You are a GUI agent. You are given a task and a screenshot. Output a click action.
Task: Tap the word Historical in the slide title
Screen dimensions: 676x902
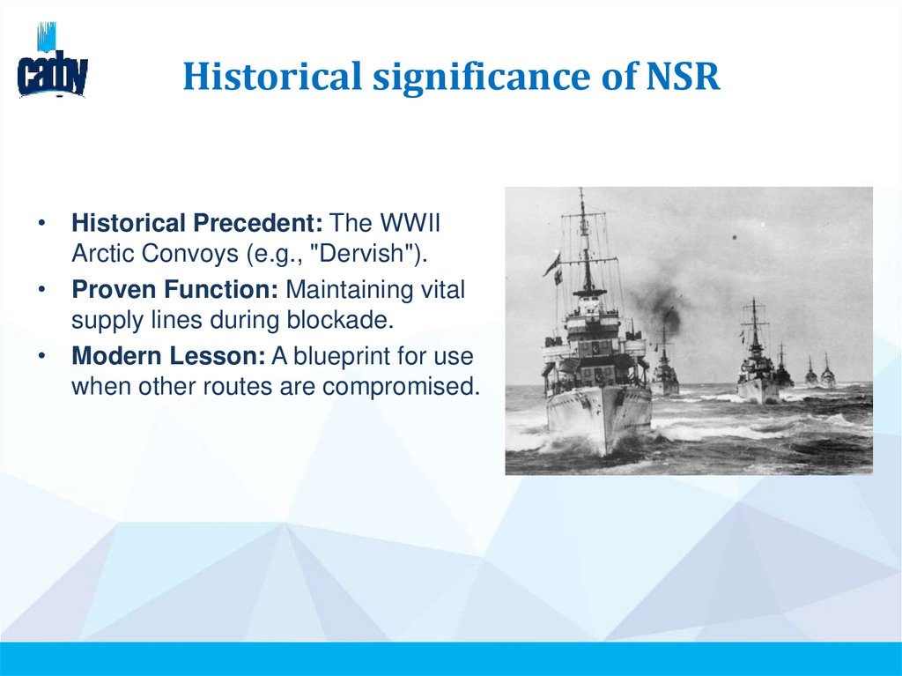(x=272, y=77)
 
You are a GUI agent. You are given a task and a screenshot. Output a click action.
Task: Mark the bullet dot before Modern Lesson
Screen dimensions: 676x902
(x=41, y=356)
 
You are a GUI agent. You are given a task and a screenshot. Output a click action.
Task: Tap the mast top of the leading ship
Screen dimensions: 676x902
(x=581, y=194)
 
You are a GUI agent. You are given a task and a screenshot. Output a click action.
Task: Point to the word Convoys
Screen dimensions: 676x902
(x=181, y=253)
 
